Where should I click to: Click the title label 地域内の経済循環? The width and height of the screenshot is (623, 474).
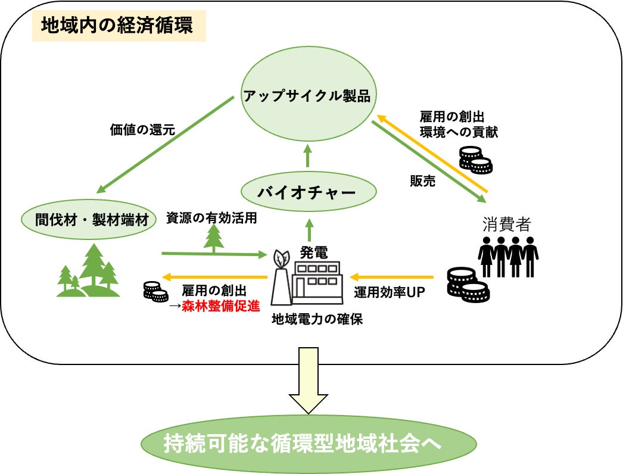(x=117, y=27)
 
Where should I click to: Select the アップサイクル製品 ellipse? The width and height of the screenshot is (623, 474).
(x=309, y=95)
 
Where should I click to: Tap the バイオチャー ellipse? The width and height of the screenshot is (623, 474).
(x=309, y=192)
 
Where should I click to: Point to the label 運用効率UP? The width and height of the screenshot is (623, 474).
(x=388, y=292)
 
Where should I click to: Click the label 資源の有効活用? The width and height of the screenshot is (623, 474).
(x=211, y=218)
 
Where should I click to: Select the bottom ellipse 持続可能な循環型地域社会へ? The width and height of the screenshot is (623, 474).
(x=309, y=444)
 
